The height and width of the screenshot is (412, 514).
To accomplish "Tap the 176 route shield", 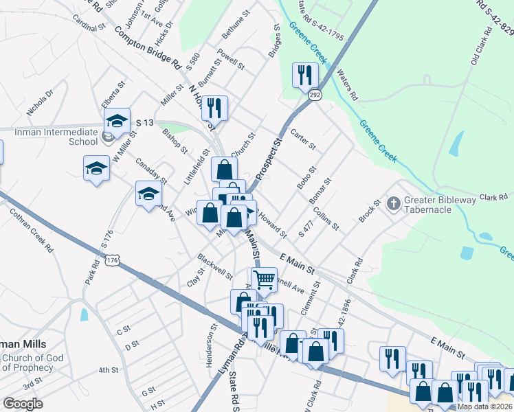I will pyautogui.click(x=113, y=260).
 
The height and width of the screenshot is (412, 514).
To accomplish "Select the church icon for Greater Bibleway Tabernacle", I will pyautogui.click(x=393, y=203).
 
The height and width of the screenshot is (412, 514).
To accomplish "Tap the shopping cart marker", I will pyautogui.click(x=264, y=279).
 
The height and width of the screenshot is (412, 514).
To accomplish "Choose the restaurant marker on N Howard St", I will pyautogui.click(x=214, y=107).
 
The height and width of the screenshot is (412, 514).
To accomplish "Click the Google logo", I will pyautogui.click(x=23, y=404).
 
